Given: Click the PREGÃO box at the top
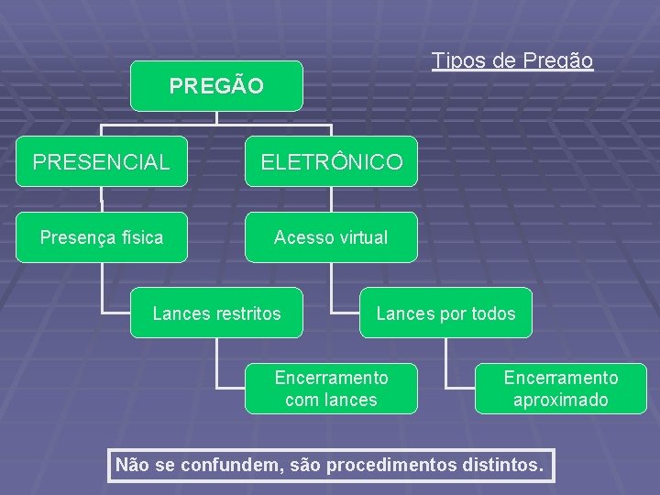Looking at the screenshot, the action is click(216, 86).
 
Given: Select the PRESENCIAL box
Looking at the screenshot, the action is click(101, 162).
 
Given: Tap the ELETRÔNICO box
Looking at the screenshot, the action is click(331, 162).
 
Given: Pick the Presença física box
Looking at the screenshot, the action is click(101, 237).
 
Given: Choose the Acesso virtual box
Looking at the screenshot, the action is click(331, 237).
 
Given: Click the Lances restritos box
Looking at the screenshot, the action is click(216, 313).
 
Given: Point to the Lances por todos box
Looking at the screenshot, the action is click(445, 313).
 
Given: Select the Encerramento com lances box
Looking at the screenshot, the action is click(331, 389).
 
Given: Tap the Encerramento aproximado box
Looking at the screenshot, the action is click(561, 389).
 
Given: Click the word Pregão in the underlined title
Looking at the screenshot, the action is click(558, 61).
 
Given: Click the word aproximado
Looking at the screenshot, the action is click(561, 400).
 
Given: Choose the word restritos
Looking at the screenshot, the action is click(249, 313).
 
